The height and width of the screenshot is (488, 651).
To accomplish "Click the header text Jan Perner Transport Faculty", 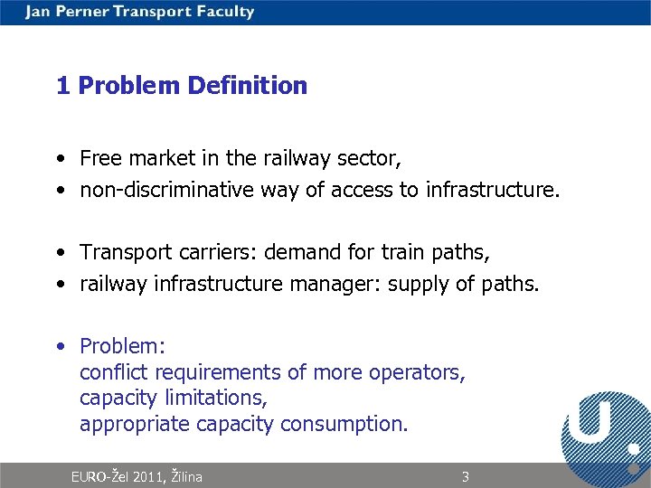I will tap(140, 12).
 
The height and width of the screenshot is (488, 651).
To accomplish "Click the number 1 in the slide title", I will tap(62, 86).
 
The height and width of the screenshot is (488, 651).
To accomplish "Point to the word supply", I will tap(415, 285).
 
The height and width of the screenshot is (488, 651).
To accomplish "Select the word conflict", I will tap(114, 372).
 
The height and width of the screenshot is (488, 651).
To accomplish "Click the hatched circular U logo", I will tap(604, 430).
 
